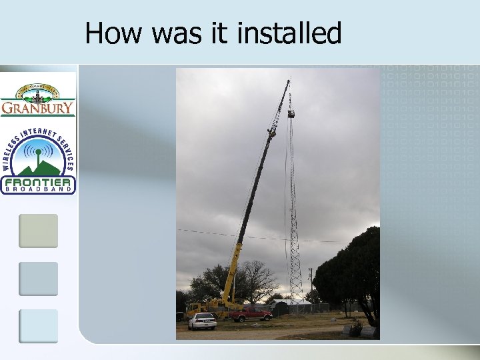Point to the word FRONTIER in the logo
[x=38, y=182]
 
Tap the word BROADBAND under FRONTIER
[x=38, y=191]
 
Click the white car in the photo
[x=202, y=322]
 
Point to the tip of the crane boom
[x=289, y=81]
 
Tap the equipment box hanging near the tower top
[x=291, y=115]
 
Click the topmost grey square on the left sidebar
[x=38, y=231]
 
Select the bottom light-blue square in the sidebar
[x=38, y=326]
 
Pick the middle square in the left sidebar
[x=38, y=279]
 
